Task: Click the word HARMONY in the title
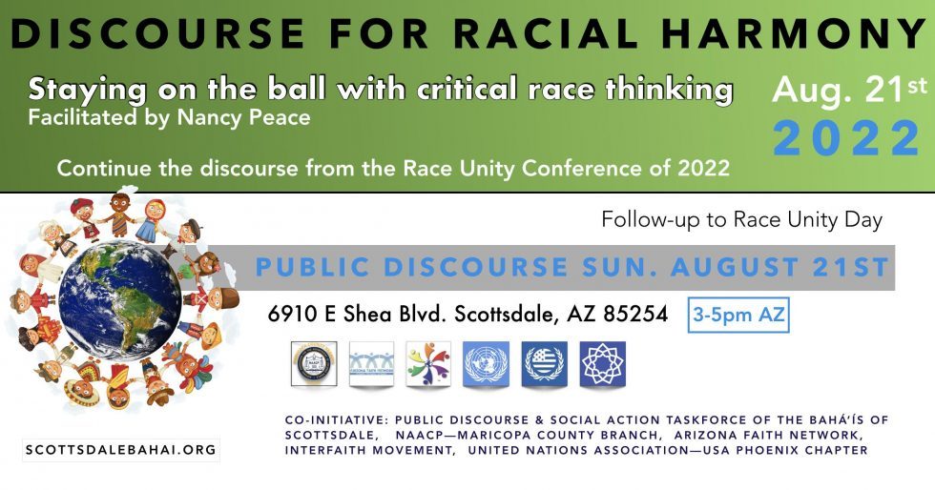794,34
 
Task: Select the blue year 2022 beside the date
847,138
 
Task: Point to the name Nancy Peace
244,117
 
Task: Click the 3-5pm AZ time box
738,315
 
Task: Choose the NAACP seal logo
314,363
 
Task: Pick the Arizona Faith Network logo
371,363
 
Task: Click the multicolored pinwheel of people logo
428,363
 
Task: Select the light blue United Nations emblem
486,363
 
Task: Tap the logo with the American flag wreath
545,363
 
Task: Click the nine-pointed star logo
603,363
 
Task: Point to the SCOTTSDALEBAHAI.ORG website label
121,450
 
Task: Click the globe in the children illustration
120,299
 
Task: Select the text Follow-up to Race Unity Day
742,220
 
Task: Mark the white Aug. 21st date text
850,91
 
